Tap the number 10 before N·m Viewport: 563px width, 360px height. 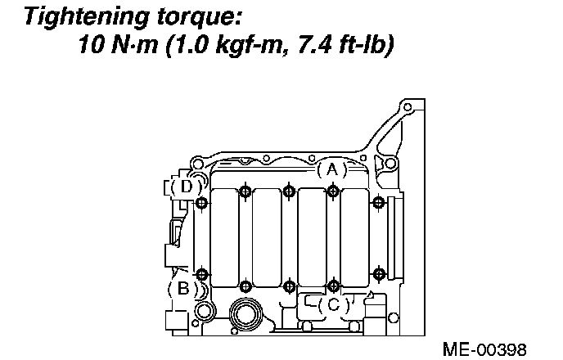coord(92,44)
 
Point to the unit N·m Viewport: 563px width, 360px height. coord(134,44)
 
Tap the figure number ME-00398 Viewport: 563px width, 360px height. coord(484,349)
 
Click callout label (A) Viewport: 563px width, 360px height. coord(332,169)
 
